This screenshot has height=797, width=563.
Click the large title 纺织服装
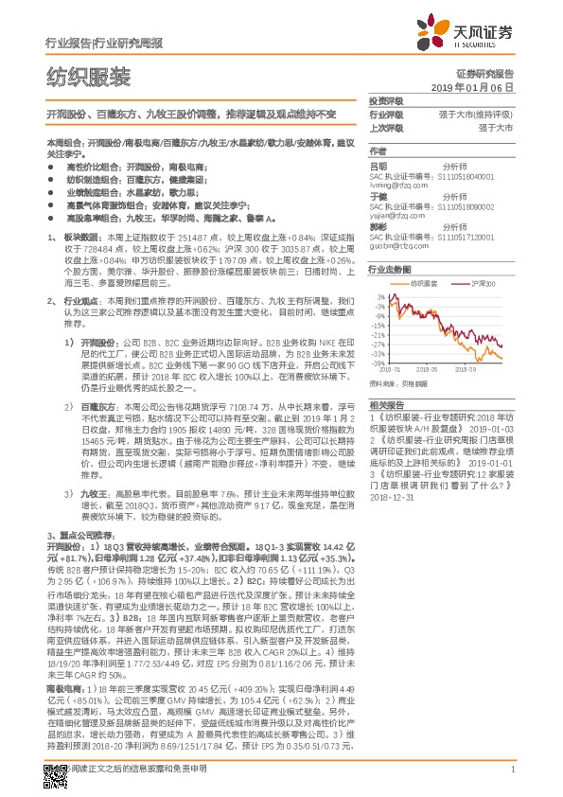click(89, 77)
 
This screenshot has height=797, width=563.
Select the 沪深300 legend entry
click(479, 282)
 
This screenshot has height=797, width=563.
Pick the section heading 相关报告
click(385, 404)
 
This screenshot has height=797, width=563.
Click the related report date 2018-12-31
click(392, 495)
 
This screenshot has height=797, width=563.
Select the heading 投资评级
click(385, 99)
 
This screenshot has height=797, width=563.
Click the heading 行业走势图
click(388, 269)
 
